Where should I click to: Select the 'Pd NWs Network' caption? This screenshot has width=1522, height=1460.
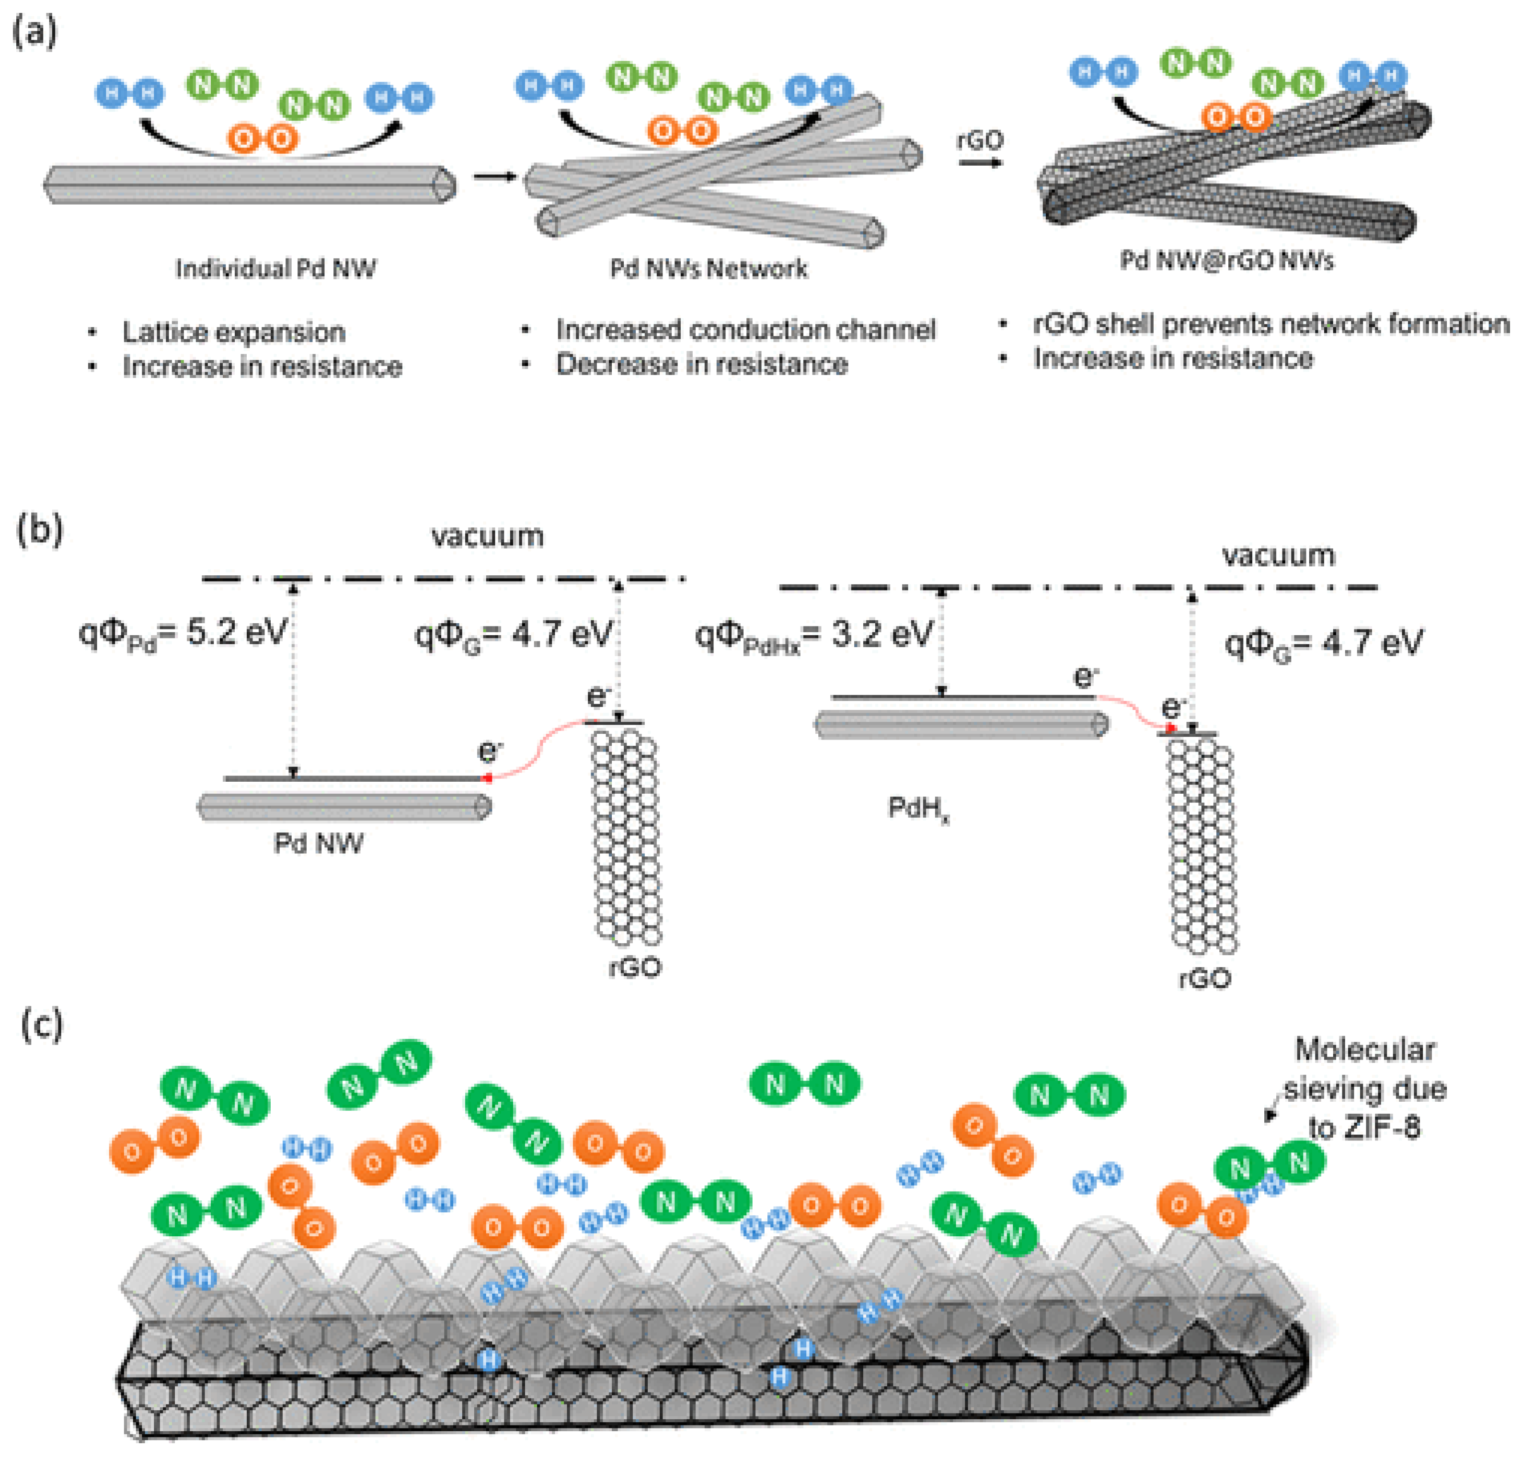(x=708, y=269)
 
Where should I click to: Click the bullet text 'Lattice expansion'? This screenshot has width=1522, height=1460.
(x=233, y=332)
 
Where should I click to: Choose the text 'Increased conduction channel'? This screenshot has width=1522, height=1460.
(x=745, y=330)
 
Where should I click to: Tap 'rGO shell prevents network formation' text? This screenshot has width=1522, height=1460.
(x=1270, y=324)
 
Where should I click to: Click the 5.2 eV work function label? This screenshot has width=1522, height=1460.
(x=184, y=633)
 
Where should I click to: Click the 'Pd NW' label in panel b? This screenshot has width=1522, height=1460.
(x=319, y=844)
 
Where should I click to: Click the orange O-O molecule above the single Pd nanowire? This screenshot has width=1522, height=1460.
(x=263, y=139)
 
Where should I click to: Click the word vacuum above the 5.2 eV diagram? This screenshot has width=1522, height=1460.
(x=488, y=536)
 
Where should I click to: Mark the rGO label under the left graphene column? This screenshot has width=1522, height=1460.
(x=634, y=968)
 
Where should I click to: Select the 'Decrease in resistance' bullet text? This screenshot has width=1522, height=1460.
(x=701, y=364)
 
